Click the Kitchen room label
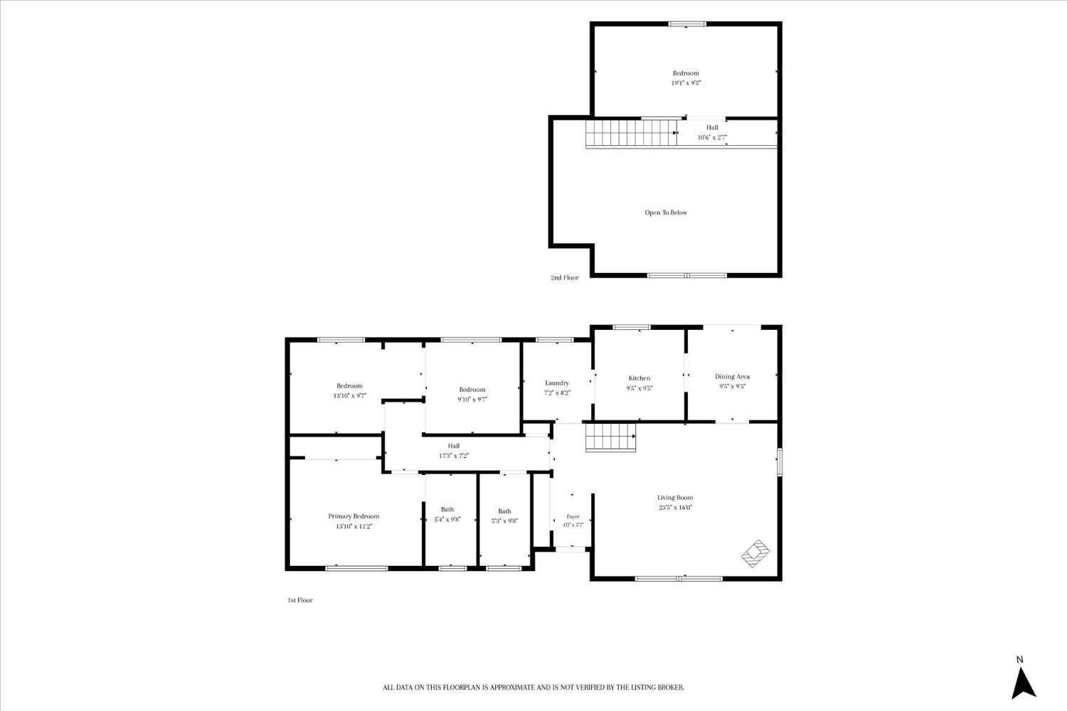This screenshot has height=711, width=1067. tap(639, 378)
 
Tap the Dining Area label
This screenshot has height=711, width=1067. tap(732, 376)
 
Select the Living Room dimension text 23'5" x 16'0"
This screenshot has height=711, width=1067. tap(676, 508)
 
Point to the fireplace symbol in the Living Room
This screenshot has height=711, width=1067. tap(755, 553)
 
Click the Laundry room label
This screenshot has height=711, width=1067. tap(557, 383)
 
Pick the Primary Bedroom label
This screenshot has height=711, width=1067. tap(354, 516)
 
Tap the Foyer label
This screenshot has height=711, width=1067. tap(573, 517)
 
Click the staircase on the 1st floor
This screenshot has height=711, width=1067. tap(610, 437)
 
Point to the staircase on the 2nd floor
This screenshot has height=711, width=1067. tap(632, 133)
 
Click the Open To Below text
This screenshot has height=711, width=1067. tap(666, 213)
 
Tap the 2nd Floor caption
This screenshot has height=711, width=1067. tap(565, 277)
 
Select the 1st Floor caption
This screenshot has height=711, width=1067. tap(300, 600)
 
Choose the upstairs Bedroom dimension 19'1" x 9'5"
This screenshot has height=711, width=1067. tap(686, 83)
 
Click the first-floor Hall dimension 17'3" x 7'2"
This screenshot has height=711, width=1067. tap(454, 456)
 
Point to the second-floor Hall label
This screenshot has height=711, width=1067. tap(712, 128)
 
